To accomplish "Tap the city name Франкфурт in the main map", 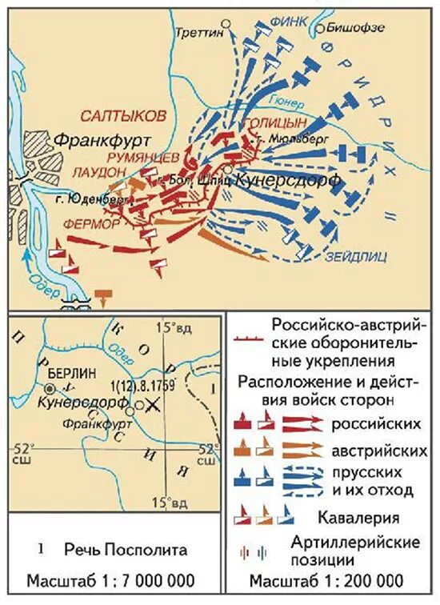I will coord(103,140).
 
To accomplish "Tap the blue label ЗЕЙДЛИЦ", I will coord(356,257).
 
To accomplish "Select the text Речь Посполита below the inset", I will coord(127,550).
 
